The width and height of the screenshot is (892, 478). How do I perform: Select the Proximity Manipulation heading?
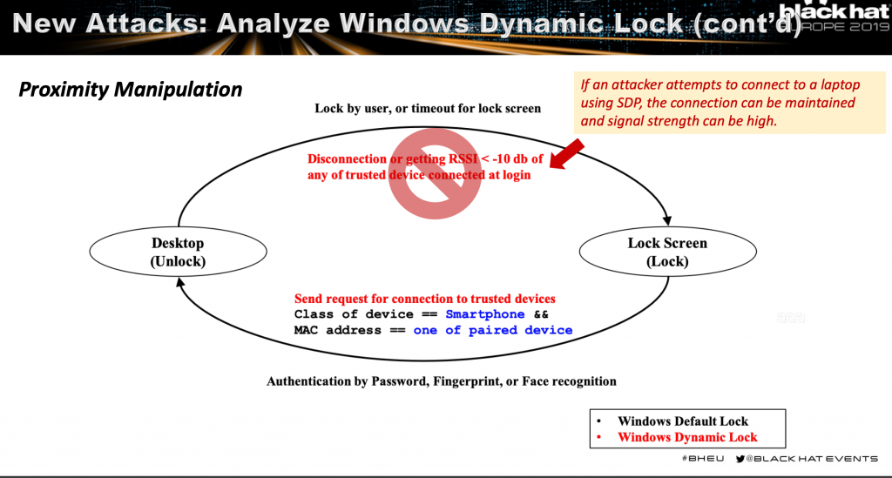(x=131, y=90)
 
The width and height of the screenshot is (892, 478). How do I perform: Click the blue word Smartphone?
(x=485, y=314)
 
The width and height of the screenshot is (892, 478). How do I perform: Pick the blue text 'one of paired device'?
(x=493, y=330)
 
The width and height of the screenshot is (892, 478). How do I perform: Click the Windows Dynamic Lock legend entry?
(x=687, y=437)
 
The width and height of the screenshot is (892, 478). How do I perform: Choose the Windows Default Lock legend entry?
(x=683, y=421)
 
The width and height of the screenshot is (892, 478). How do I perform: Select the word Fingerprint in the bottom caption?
(x=452, y=381)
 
